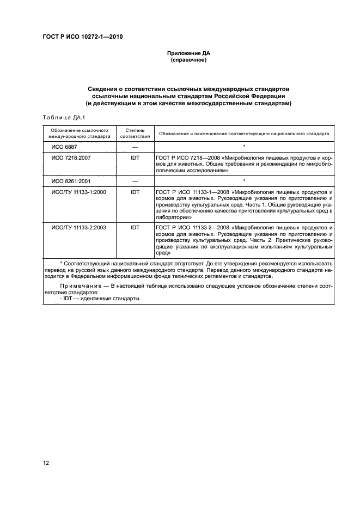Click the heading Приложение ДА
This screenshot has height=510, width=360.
click(188, 53)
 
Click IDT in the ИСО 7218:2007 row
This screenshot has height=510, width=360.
click(135, 157)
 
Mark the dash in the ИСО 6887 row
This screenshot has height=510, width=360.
click(135, 147)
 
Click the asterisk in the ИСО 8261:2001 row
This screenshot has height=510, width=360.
click(244, 180)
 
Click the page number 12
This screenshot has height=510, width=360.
click(46, 463)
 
